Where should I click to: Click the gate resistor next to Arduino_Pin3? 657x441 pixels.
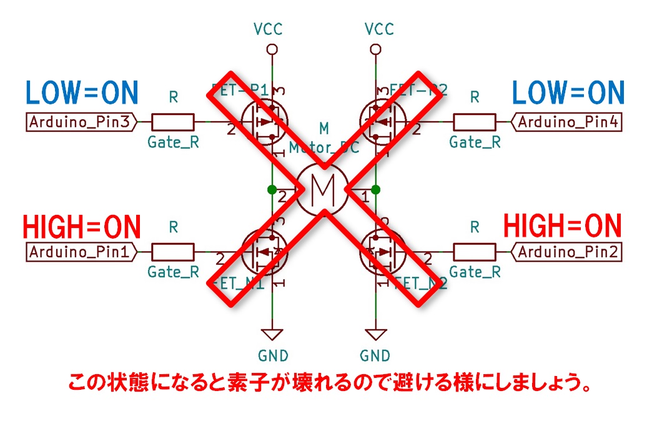pos(173,122)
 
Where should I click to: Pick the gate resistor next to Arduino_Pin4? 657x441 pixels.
pos(475,122)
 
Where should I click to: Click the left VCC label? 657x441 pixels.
pos(269,29)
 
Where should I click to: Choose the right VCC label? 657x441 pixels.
pos(378,29)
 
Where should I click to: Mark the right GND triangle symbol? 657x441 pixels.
pos(375,334)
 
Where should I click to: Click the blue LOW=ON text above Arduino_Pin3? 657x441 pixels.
pos(81,93)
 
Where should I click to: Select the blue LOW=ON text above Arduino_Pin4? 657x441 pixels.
pos(568,93)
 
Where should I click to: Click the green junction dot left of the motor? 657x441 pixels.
pos(271,189)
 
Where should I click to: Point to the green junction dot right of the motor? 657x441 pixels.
pos(375,189)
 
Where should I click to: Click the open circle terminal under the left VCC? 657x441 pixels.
pos(271,49)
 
